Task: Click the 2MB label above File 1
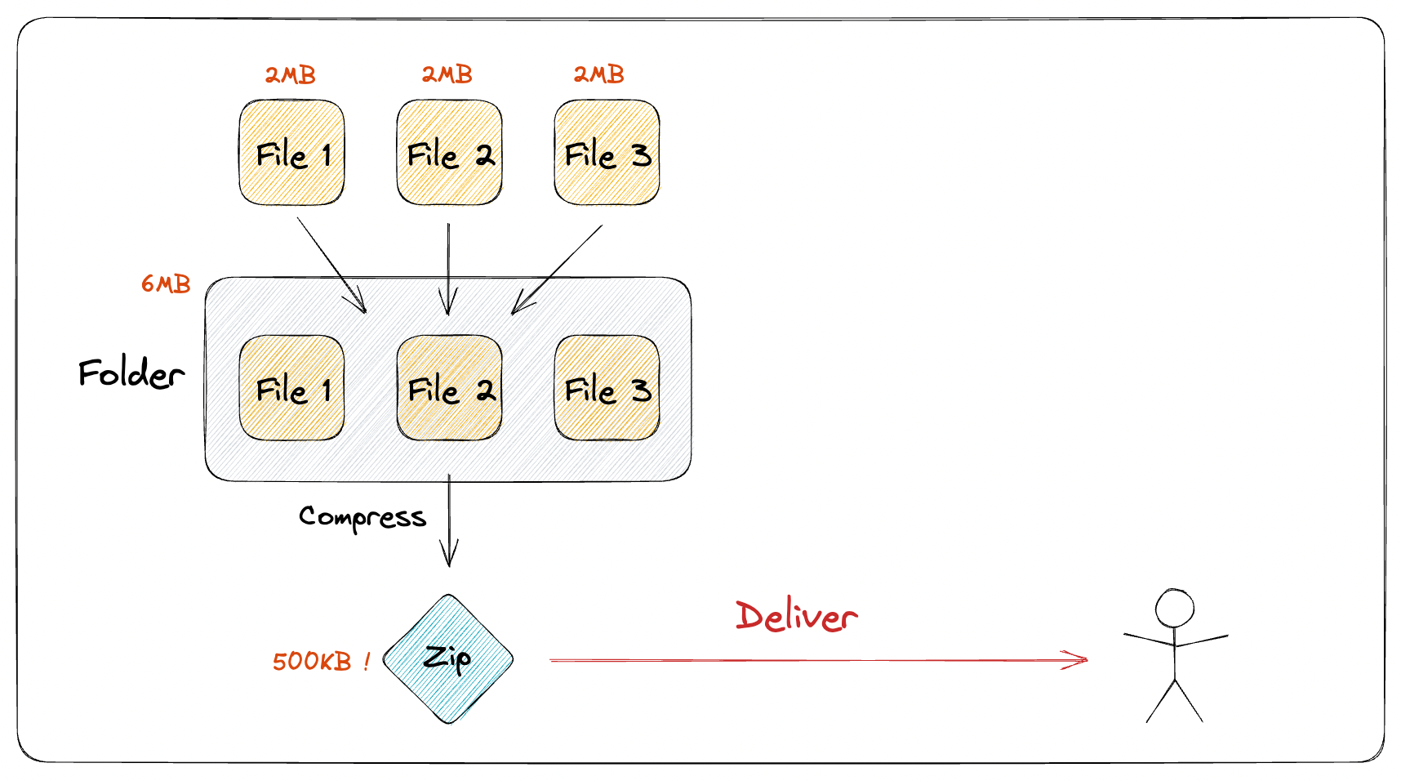point(290,75)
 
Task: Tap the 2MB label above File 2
point(447,74)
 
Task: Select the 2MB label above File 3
point(598,74)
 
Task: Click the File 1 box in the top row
point(291,153)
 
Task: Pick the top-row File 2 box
point(449,153)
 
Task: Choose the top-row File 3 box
point(607,153)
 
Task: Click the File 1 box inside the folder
point(291,388)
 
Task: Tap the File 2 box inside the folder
point(449,388)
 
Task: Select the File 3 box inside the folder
point(607,388)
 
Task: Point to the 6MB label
point(166,283)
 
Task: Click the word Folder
point(131,373)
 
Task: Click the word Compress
point(362,517)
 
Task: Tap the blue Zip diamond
point(448,658)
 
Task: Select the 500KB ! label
point(321,661)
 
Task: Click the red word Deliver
point(795,616)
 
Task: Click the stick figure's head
point(1174,609)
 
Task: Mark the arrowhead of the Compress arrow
point(449,558)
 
